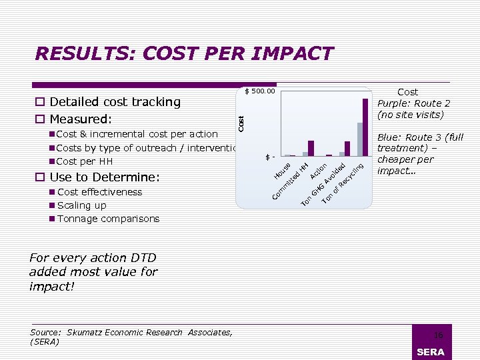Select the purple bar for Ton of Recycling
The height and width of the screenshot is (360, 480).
coord(365,127)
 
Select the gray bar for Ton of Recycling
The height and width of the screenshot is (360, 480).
coord(359,139)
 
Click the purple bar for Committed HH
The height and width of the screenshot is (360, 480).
coord(311,148)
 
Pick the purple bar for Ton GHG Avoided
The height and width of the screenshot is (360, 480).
coord(347,148)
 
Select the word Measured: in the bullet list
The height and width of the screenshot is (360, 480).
coord(81,119)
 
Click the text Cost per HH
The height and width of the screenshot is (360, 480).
coord(85,161)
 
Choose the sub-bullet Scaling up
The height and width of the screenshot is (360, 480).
coord(82,205)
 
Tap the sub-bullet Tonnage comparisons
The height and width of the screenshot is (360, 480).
coord(109,219)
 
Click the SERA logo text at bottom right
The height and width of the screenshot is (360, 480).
coord(430,352)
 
